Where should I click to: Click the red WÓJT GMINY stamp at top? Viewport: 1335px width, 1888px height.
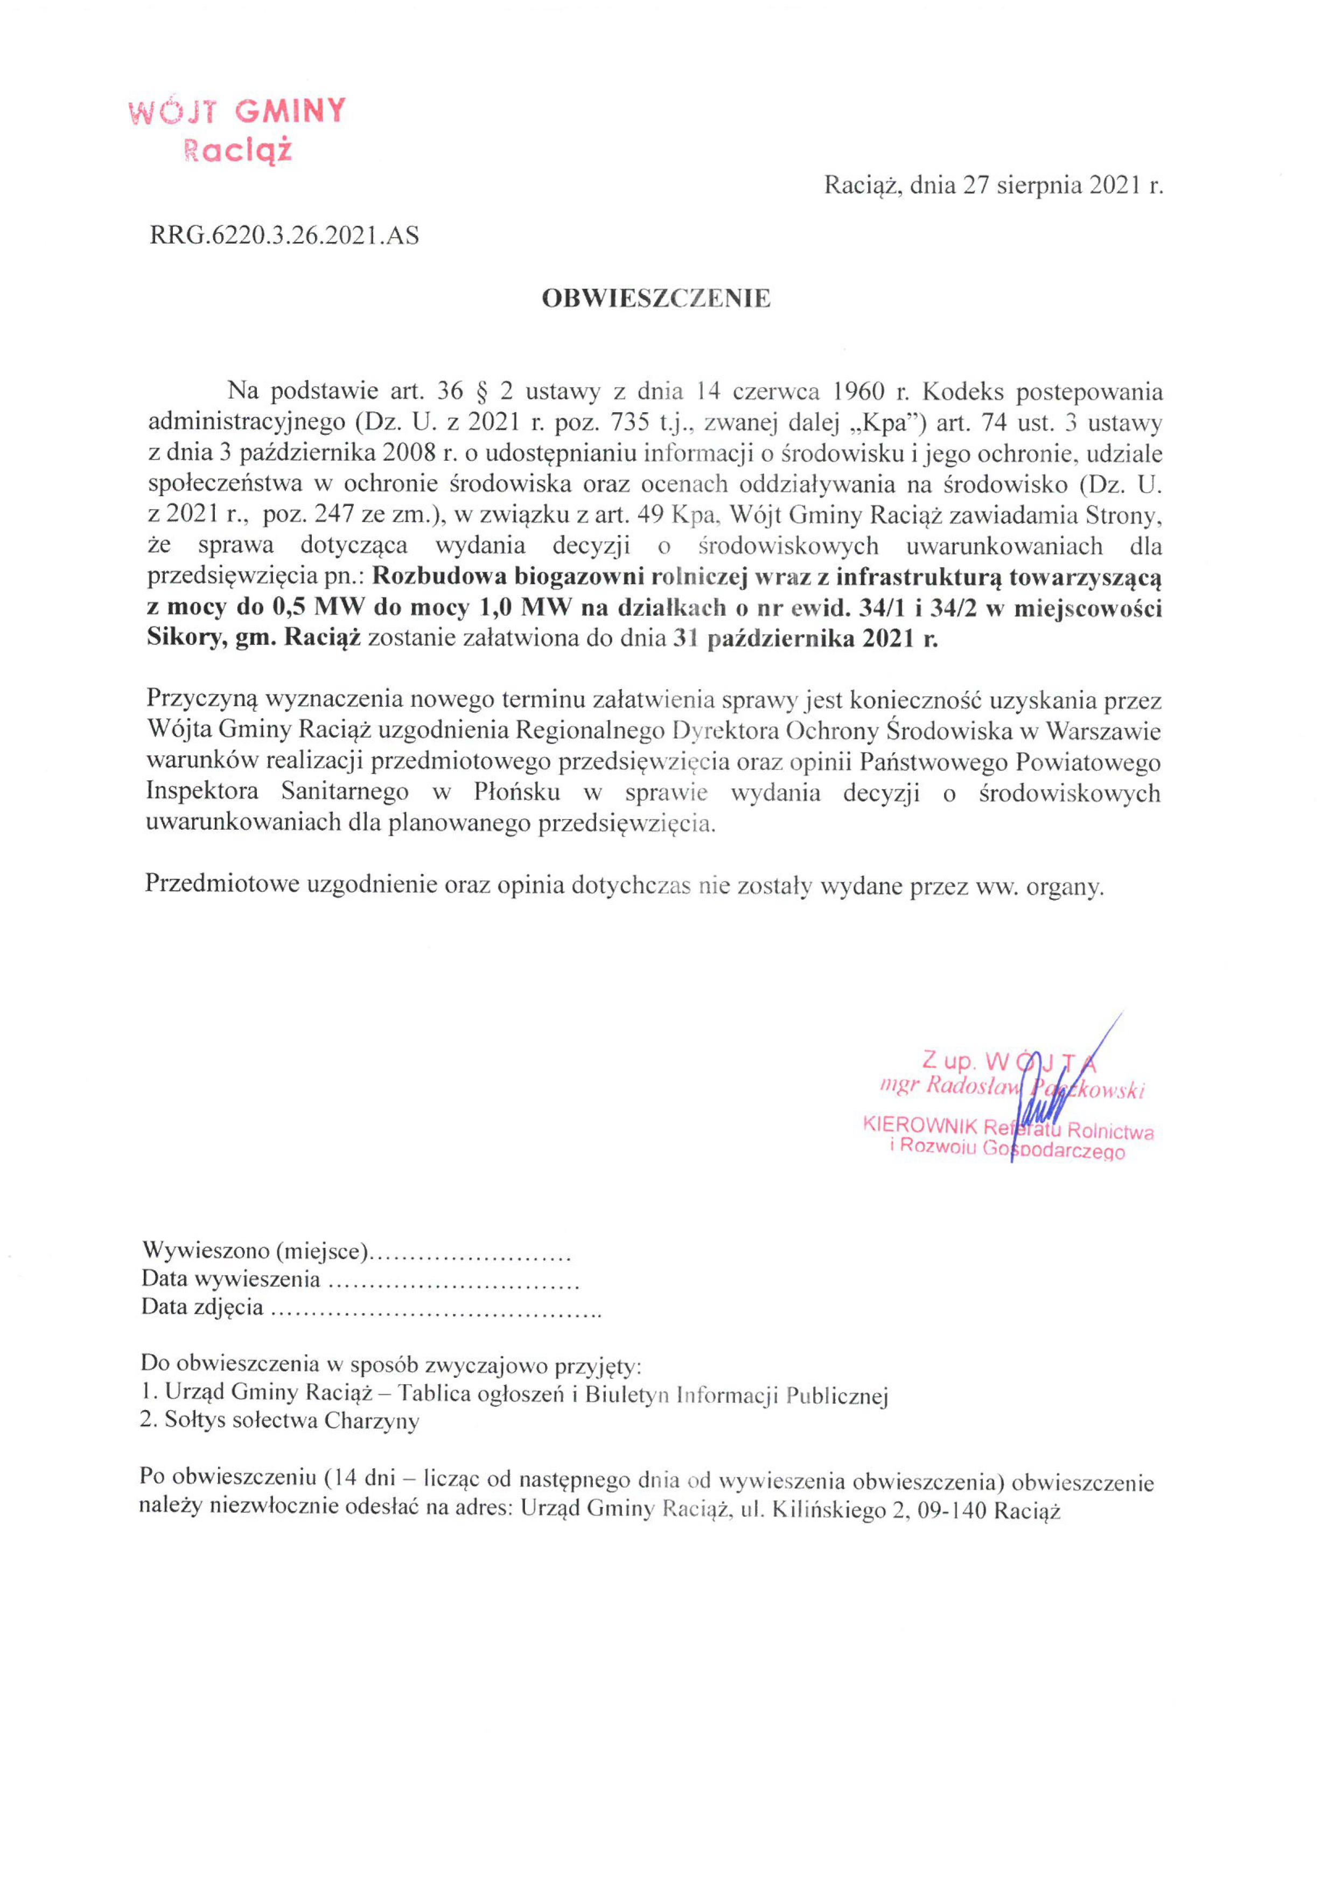(237, 130)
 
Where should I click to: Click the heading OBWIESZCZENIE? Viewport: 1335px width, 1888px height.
(656, 299)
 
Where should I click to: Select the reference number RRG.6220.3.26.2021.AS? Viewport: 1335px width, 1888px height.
(284, 236)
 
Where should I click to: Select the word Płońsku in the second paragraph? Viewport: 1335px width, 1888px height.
(518, 792)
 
